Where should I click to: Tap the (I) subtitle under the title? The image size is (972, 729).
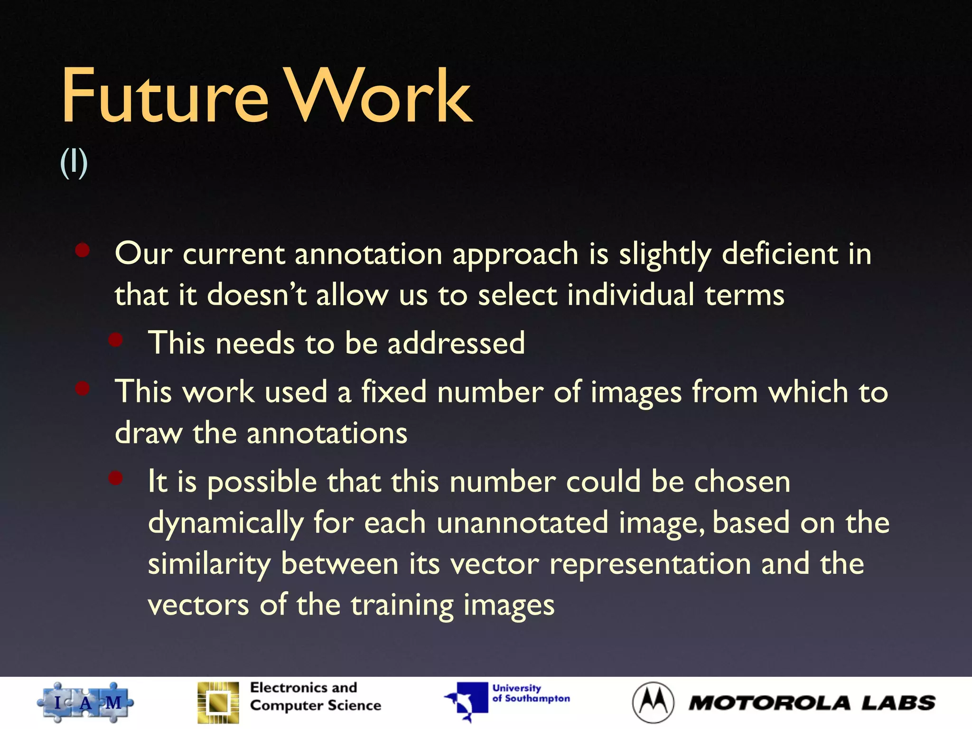74,163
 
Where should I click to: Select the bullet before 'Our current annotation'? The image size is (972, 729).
83,250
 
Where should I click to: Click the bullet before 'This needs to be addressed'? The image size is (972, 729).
115,339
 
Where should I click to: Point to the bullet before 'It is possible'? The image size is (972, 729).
115,478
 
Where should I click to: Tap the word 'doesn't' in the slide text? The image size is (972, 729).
257,295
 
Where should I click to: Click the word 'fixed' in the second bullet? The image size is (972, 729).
393,392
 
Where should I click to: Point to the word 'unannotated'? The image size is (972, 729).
522,523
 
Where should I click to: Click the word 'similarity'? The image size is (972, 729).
209,565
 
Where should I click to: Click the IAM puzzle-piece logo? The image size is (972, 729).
85,702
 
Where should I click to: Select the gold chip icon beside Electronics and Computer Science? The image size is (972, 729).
218,702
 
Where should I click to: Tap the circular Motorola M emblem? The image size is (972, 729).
653,702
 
